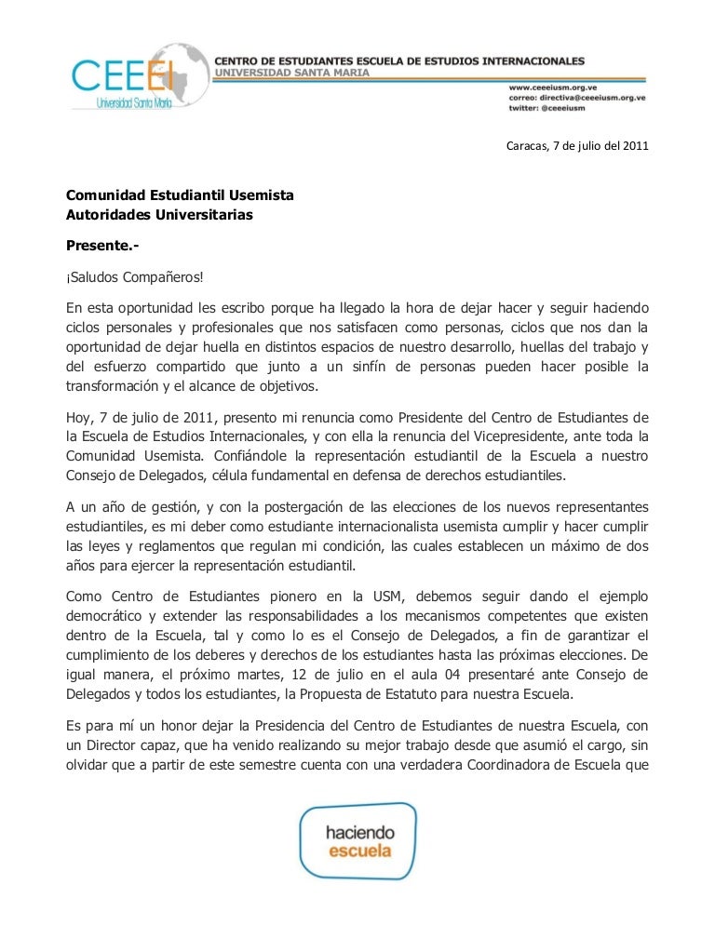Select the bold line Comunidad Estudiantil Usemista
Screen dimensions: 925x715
tap(180, 196)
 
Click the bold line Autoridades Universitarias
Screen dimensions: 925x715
tap(158, 216)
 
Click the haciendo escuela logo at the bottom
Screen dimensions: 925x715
tap(358, 841)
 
